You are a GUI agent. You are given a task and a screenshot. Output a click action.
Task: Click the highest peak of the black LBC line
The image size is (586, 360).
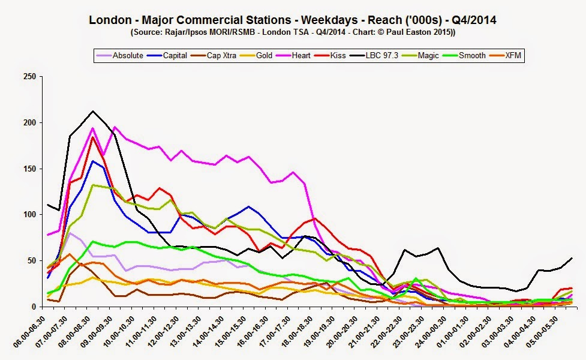click(92, 111)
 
